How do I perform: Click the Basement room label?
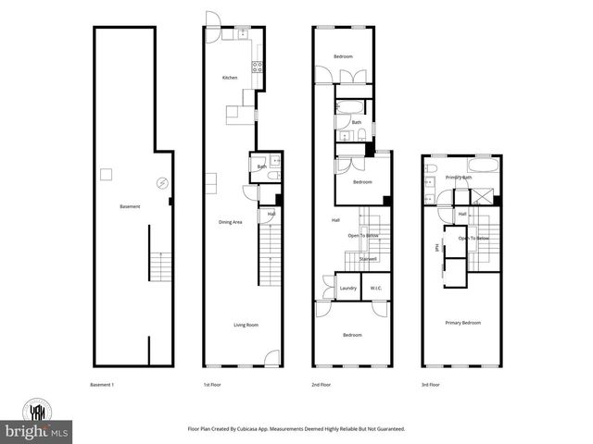130,206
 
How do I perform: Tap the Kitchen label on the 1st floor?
230,78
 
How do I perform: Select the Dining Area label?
230,222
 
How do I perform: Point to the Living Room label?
246,325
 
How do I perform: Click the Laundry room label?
348,289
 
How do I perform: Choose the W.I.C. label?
376,289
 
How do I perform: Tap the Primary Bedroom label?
463,323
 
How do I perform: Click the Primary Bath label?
459,177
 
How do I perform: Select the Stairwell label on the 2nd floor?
368,259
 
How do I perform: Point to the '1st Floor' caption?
212,384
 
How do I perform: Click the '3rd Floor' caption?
430,384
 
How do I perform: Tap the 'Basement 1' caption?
101,384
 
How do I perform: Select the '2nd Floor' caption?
321,384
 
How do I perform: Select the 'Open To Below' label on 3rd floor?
473,238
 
